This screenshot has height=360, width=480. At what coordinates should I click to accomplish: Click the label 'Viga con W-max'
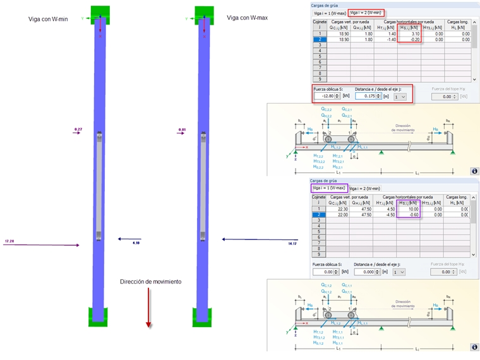[247, 18]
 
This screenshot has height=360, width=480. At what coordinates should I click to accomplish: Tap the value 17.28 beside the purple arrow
[9, 241]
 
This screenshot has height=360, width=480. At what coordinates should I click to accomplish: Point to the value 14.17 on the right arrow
[292, 243]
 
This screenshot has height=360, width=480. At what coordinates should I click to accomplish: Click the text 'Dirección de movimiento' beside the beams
[151, 281]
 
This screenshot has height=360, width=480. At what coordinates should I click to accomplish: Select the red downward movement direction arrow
[148, 306]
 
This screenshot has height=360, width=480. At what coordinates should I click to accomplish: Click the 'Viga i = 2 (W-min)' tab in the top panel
[366, 13]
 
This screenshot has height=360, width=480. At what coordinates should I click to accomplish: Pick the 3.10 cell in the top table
[411, 34]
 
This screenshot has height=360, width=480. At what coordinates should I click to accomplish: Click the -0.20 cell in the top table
[411, 40]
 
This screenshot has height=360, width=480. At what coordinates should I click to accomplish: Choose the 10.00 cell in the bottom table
[410, 209]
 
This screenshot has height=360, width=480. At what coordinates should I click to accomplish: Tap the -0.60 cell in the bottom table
[410, 215]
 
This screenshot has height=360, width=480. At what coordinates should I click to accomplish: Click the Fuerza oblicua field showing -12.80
[330, 97]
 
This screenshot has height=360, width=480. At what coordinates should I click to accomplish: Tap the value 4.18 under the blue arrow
[136, 243]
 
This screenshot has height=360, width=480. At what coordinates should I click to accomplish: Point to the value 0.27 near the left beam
[78, 129]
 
